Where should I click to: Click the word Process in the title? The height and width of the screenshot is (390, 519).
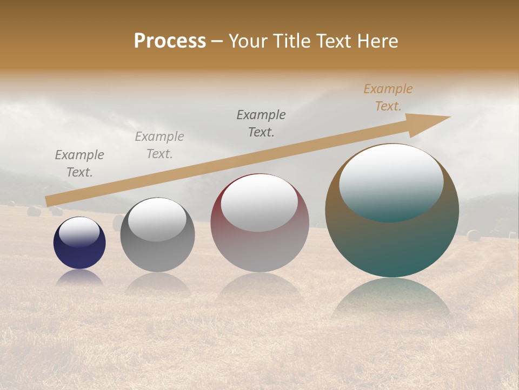170,41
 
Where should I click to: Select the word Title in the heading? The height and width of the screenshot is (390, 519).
292,41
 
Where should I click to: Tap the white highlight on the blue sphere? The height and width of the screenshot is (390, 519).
79,232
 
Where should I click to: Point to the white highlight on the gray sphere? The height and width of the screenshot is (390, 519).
157,219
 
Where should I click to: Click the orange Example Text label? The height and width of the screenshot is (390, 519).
388,97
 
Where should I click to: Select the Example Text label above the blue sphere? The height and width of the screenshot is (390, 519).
79,164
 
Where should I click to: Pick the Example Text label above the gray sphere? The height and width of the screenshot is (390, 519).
159,145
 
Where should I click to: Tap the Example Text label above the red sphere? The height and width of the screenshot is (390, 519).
261,123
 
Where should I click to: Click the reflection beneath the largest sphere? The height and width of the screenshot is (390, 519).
391,298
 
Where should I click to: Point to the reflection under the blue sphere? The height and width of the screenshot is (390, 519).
79,277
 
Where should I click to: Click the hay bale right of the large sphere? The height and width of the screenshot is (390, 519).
474,235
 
